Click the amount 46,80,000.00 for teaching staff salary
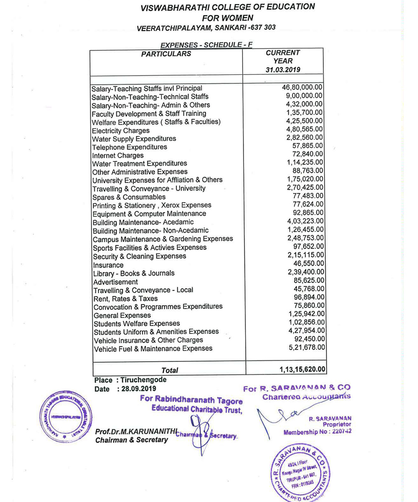coord(302,87)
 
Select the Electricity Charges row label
coord(121,131)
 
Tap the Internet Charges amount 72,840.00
coord(308,154)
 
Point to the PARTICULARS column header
coord(166,54)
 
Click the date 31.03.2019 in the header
coord(283,70)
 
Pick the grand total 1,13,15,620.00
coord(303,369)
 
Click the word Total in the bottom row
coord(170,370)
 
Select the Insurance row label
coord(108,265)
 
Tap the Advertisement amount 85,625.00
coord(309,281)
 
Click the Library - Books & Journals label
coord(134,273)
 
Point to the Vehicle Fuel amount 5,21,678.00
coord(307,347)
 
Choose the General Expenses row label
coord(122,316)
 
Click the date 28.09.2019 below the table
coord(139,389)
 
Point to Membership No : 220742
coord(317,432)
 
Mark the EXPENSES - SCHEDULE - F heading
coord(206,45)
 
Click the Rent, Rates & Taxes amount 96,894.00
coord(309,297)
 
